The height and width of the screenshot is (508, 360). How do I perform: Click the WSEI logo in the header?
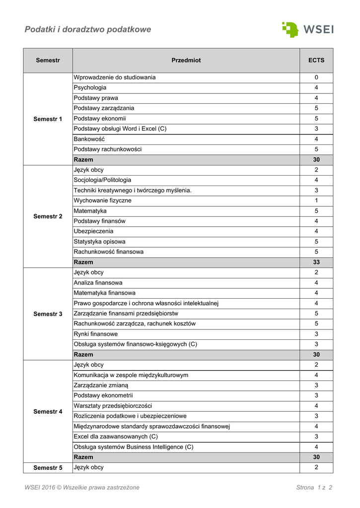308,29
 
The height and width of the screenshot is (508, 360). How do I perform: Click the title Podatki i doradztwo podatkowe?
88,30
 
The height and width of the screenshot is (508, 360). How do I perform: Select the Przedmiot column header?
186,61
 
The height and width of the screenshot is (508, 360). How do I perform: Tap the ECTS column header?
316,61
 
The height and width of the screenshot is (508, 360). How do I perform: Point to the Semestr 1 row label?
48,119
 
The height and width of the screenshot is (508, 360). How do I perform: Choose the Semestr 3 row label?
48,314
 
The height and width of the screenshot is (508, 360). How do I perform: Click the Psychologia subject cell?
90,88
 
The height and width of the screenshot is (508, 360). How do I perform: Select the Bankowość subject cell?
89,139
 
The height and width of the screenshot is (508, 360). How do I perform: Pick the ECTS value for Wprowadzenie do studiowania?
316,77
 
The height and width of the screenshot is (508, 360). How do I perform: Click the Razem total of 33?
316,262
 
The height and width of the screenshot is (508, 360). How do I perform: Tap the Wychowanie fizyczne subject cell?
103,200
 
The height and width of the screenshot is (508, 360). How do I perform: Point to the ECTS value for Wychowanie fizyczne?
316,200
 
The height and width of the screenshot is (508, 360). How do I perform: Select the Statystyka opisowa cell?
99,242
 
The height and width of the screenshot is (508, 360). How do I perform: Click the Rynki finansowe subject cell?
96,334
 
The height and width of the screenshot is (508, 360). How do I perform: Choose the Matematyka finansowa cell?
104,293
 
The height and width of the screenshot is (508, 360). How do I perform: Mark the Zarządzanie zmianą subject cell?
101,385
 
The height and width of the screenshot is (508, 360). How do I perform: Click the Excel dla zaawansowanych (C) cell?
116,437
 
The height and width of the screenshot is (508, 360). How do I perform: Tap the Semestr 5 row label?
48,468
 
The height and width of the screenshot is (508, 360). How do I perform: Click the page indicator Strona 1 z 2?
314,488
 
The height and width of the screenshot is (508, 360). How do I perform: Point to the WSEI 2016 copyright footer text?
82,488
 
